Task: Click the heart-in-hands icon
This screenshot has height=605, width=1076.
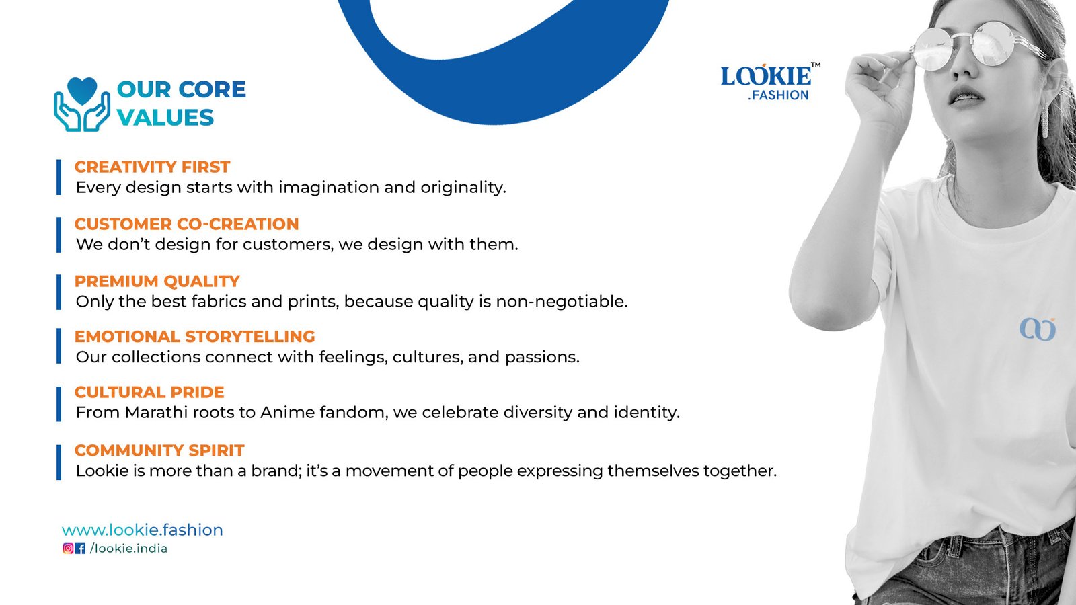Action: [x=82, y=105]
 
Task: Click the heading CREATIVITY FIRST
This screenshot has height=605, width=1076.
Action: [x=152, y=167]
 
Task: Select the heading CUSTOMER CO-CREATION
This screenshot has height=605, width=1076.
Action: [x=186, y=224]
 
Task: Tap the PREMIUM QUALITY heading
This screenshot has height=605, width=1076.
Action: [x=157, y=281]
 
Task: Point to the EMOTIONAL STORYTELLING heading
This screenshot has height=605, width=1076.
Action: [x=194, y=337]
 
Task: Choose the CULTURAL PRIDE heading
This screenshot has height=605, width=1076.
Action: [x=149, y=392]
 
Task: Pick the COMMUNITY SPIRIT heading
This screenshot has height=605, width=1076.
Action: [x=159, y=450]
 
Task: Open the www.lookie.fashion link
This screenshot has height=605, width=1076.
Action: [x=143, y=530]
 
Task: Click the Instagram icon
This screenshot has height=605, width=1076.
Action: [x=68, y=549]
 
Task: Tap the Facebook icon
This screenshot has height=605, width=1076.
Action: [x=80, y=549]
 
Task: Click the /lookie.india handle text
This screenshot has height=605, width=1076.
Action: [x=128, y=549]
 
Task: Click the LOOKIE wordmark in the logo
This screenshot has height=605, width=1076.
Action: [x=766, y=76]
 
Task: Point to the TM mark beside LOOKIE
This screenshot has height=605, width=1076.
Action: [x=816, y=65]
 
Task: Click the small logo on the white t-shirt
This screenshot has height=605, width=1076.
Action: [x=1037, y=329]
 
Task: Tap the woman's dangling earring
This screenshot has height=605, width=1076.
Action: [x=1044, y=122]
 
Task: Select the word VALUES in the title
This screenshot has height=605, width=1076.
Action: [x=165, y=118]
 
